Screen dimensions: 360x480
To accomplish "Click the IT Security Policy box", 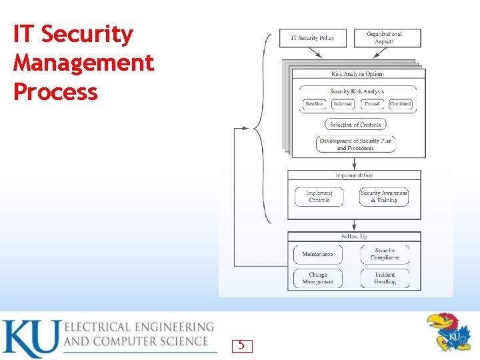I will point(313,38).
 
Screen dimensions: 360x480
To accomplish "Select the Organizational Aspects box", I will point(387,38).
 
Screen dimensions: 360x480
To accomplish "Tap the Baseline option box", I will point(313,104).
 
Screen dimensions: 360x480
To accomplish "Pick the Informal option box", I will point(343,104).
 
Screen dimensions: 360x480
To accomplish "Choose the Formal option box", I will point(372,104).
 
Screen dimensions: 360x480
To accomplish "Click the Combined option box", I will point(401,104).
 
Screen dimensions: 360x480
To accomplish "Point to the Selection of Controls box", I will point(355,125).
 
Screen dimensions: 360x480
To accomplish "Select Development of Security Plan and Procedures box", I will point(355,144).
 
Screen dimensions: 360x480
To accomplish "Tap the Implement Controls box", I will point(319,197).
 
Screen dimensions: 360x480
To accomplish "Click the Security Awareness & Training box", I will point(384,197).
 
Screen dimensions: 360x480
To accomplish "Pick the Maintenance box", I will point(317,254).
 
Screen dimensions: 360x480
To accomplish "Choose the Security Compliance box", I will point(385,254).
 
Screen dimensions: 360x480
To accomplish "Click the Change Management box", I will point(317,278).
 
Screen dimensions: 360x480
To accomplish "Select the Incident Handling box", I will point(385,278).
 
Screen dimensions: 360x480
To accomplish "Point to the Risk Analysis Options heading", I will point(357,74).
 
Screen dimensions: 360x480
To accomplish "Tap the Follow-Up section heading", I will point(354,237).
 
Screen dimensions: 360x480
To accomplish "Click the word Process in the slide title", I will point(55,92).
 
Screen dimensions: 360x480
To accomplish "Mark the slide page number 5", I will point(241,345).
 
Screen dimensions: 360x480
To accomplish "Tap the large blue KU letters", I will point(30,339).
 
